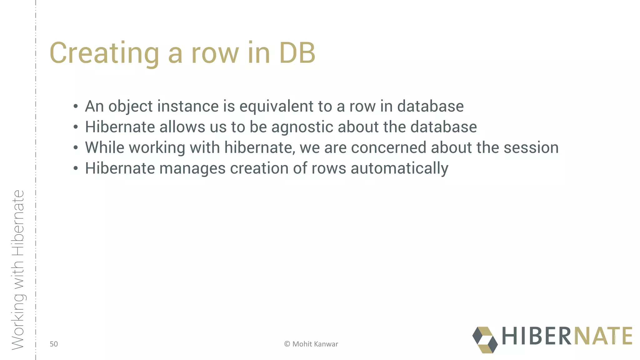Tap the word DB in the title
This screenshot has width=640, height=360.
[297, 53]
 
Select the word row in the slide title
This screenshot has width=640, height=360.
[215, 53]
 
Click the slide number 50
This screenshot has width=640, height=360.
[54, 344]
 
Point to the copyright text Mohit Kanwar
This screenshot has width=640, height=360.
[311, 344]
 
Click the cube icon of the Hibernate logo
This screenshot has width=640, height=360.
[485, 340]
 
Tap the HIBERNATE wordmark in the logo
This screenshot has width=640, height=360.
[567, 336]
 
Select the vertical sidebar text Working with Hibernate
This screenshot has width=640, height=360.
[18, 270]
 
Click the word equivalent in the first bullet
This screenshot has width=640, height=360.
[276, 106]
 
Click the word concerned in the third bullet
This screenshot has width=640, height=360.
[388, 147]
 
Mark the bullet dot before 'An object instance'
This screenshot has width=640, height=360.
[76, 107]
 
